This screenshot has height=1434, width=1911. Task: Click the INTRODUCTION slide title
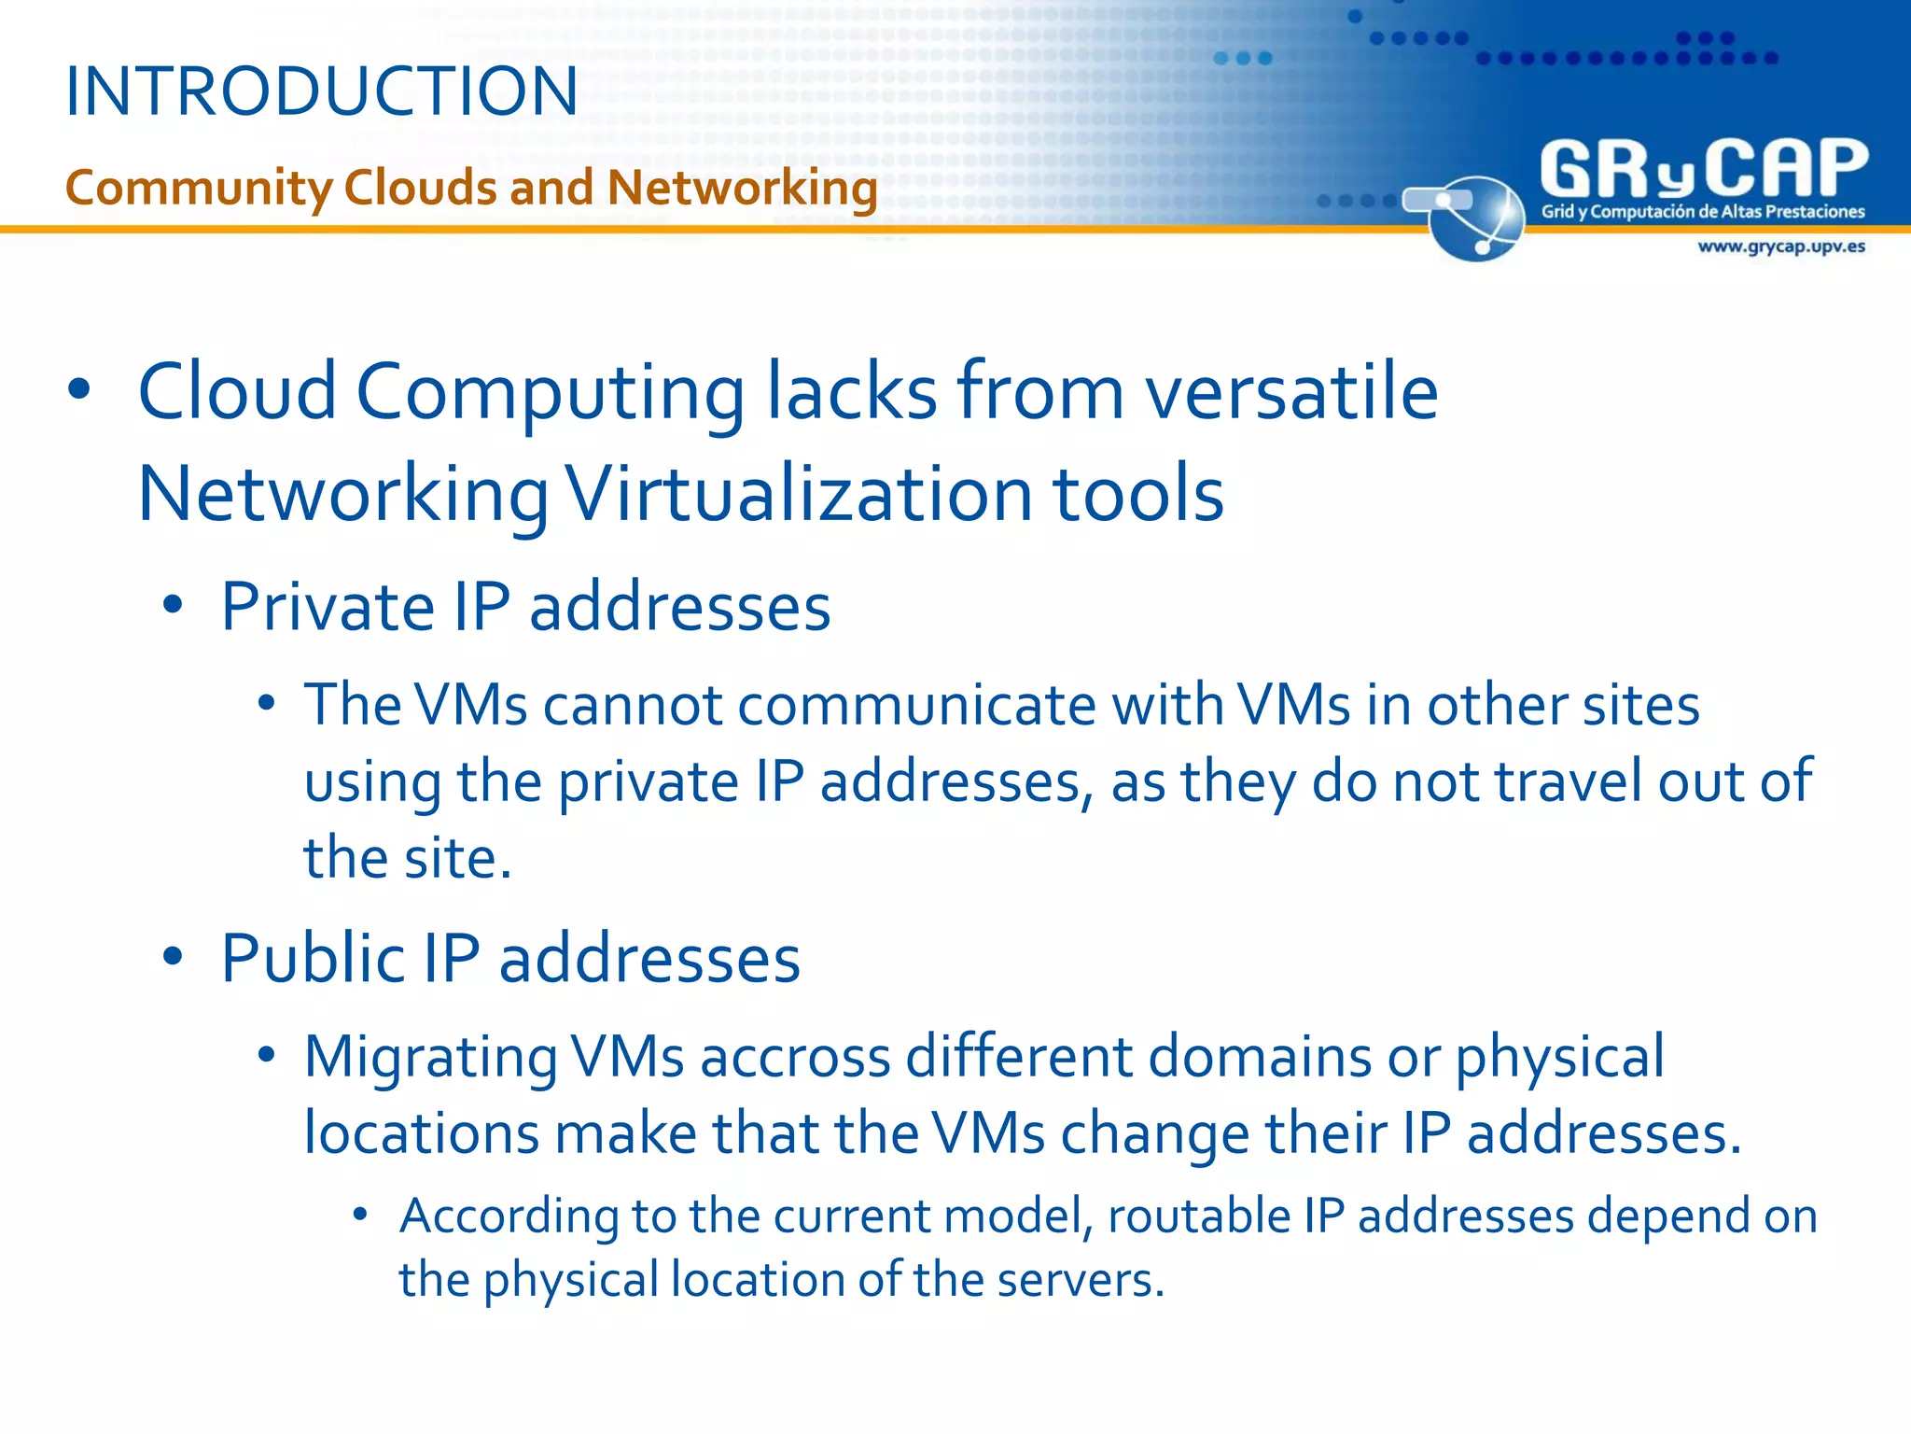tap(322, 91)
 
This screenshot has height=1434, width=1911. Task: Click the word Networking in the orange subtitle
tap(742, 188)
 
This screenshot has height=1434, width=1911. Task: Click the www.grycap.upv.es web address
tap(1780, 246)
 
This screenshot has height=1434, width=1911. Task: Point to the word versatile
tap(1291, 392)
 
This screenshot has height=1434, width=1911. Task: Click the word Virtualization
tap(800, 494)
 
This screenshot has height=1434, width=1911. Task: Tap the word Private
tap(328, 607)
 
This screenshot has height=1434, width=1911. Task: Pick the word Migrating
tap(430, 1057)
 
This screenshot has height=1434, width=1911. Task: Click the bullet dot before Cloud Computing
tap(79, 390)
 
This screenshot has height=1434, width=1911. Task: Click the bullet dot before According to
tap(360, 1214)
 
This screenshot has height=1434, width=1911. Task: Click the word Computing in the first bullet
tap(550, 392)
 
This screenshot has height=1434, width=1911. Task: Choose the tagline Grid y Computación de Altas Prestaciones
tap(1702, 212)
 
